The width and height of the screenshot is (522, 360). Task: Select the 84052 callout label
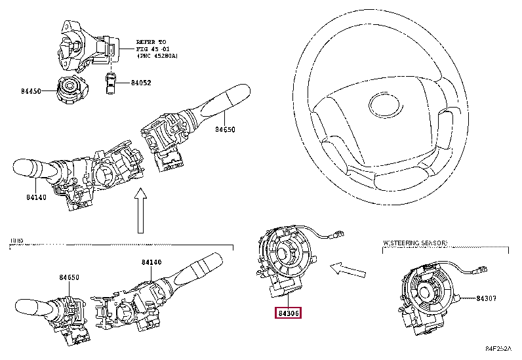[140, 83]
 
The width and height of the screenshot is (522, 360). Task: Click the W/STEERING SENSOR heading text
[415, 243]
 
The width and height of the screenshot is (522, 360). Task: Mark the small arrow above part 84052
[111, 64]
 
